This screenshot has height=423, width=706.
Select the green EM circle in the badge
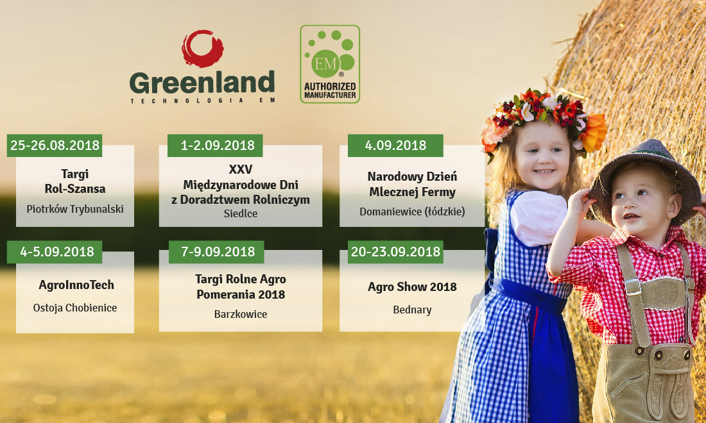click(x=325, y=64)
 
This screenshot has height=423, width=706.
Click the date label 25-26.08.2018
click(x=55, y=145)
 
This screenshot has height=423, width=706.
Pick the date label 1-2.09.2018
click(x=215, y=145)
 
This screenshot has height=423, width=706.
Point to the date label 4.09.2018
click(x=395, y=145)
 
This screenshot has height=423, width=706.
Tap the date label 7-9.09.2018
click(x=216, y=252)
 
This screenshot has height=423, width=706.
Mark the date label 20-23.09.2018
click(x=395, y=252)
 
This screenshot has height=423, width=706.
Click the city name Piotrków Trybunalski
click(x=75, y=209)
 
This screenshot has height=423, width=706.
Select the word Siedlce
click(x=241, y=213)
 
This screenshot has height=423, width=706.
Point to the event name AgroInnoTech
click(x=76, y=285)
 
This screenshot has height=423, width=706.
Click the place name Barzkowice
click(x=241, y=314)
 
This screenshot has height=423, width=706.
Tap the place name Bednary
click(x=412, y=310)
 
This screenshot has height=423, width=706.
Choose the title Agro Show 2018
click(x=412, y=286)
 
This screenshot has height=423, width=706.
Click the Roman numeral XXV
click(x=241, y=169)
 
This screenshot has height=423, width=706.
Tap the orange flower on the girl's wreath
click(x=594, y=133)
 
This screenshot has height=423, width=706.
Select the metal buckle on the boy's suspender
click(x=632, y=287)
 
